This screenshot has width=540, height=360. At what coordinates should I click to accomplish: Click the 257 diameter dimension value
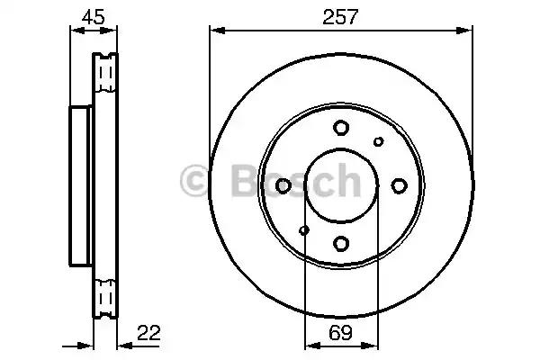tap(340, 16)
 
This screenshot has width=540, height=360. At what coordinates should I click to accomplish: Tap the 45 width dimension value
tap(93, 16)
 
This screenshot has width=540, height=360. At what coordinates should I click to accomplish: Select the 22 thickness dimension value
tap(148, 332)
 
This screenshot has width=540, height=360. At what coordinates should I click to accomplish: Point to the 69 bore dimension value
tap(340, 332)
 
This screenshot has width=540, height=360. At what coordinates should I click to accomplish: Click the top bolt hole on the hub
tap(341, 128)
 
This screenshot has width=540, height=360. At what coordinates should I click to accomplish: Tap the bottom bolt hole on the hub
tap(341, 244)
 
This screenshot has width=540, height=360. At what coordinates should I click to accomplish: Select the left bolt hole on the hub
tap(283, 185)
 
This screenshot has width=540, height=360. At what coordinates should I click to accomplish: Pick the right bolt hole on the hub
tap(399, 185)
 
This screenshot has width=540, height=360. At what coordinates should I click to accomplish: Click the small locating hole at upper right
tap(379, 141)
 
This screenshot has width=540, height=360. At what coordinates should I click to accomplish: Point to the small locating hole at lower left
tap(304, 229)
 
